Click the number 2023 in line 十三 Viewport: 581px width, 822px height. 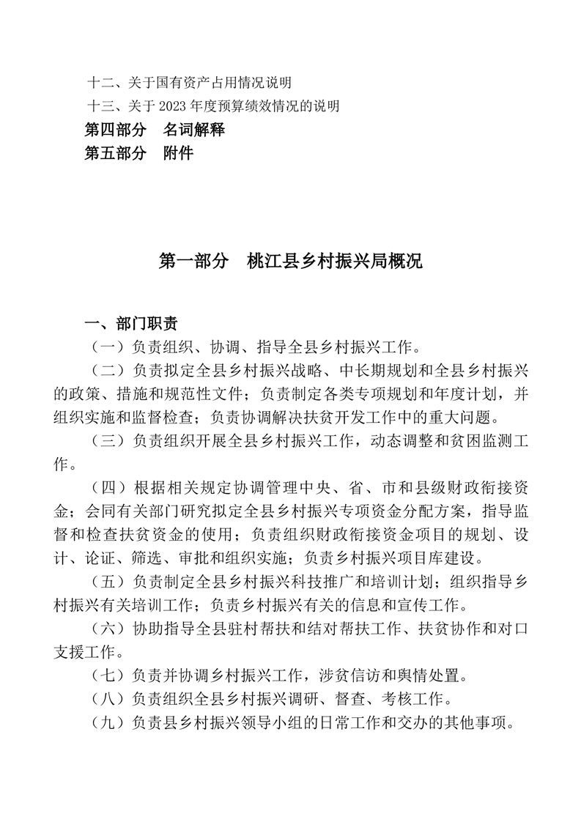click(168, 106)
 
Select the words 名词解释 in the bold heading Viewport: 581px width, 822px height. click(193, 130)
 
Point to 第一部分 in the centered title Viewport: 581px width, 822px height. click(193, 262)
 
